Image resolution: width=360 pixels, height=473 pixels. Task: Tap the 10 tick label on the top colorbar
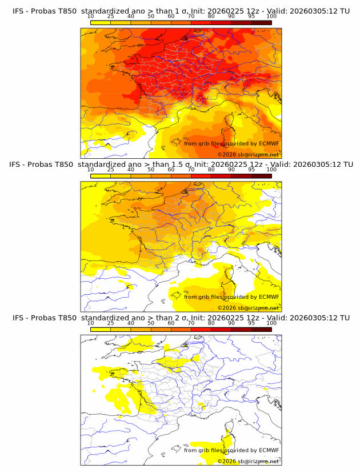tap(90, 16)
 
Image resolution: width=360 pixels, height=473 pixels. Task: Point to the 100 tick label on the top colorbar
tap(271, 16)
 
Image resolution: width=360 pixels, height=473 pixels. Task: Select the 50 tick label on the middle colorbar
tap(151, 169)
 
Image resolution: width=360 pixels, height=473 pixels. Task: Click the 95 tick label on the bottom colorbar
tap(251, 323)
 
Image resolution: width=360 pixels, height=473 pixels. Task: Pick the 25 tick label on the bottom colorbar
tap(110, 323)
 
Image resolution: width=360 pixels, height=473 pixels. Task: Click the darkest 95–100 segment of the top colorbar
tap(261, 22)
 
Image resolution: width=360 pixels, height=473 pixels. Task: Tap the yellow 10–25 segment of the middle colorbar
tap(101, 175)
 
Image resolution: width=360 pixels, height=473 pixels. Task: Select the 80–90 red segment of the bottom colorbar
tap(221, 329)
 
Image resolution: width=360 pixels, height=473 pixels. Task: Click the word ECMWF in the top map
tap(269, 143)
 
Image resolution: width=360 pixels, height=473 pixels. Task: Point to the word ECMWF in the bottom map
tap(269, 450)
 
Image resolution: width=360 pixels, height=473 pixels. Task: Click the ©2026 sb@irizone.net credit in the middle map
tap(249, 308)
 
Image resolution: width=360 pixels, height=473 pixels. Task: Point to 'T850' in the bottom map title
tap(65, 318)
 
